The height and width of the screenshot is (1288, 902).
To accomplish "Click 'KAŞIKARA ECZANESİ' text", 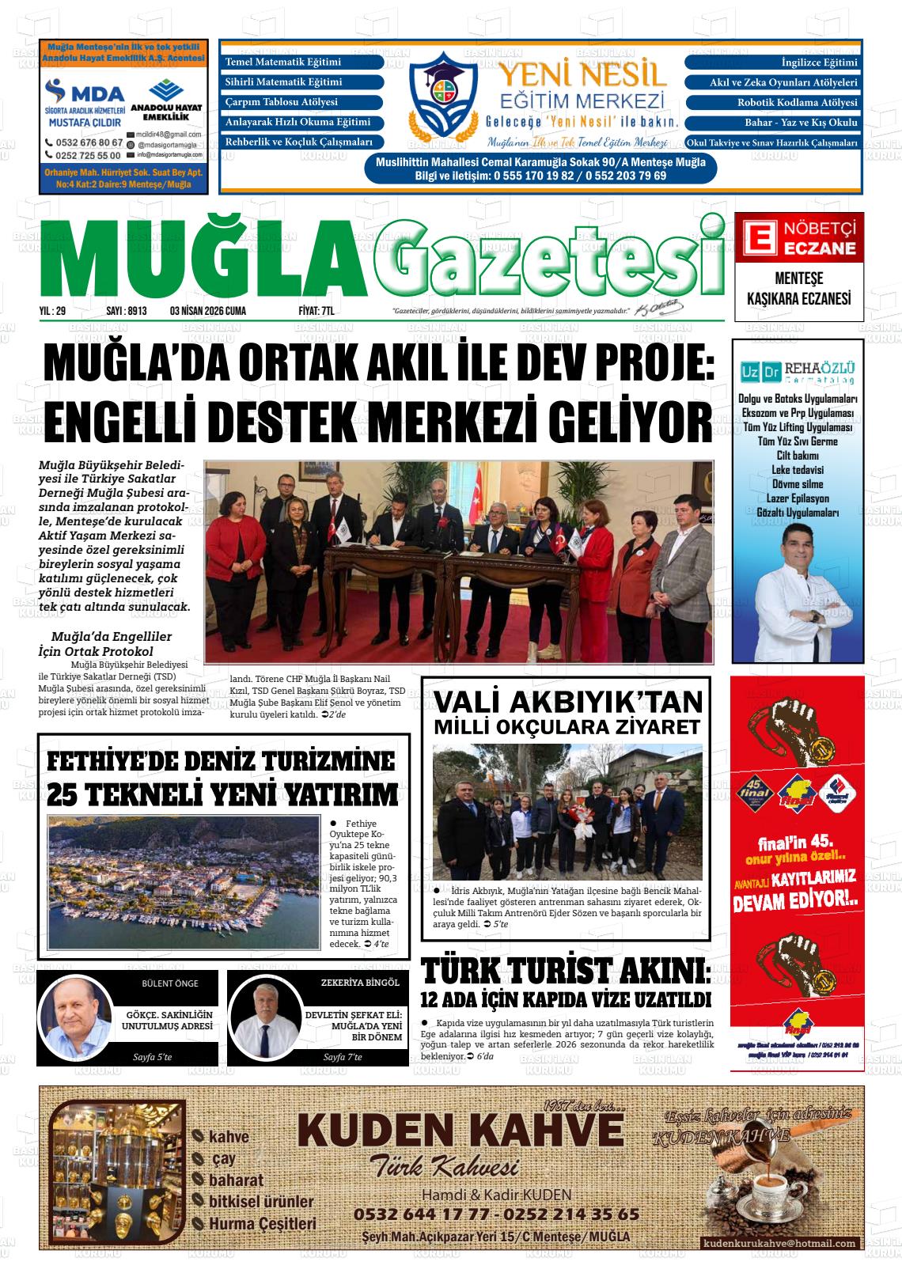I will tap(798, 298).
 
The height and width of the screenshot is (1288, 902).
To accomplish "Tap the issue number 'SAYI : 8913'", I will tap(127, 311).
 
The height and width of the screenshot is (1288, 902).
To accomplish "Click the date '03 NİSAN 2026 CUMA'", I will tap(208, 311).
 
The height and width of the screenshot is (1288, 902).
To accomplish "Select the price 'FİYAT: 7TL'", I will tap(316, 311).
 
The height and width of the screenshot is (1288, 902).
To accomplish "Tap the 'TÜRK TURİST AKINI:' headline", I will tap(565, 972).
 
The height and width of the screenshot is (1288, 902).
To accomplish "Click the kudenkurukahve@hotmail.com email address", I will tap(779, 1243).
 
